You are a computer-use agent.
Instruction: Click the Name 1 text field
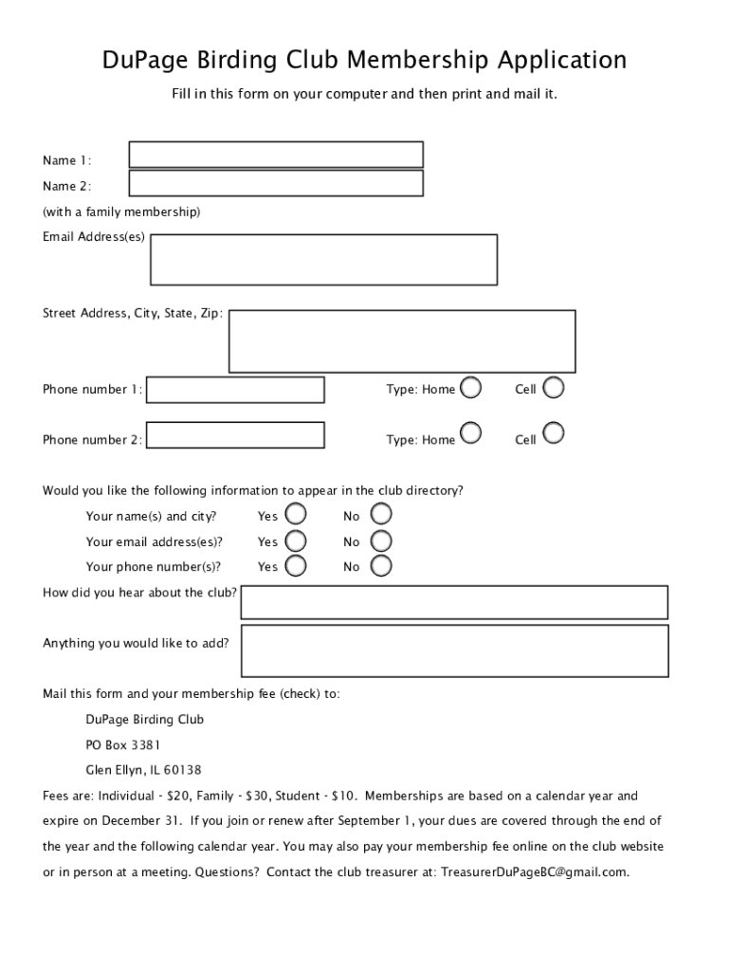pos(276,155)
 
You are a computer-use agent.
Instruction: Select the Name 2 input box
pos(276,183)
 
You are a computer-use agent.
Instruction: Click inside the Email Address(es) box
pos(323,259)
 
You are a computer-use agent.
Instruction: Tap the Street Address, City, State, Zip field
pos(402,341)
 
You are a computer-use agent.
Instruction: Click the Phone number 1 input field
pos(235,390)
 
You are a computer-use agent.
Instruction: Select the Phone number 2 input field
pos(235,435)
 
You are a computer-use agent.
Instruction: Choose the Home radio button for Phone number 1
pos(470,388)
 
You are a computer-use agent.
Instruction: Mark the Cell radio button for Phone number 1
pos(553,387)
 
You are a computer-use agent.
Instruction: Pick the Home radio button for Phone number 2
pos(470,433)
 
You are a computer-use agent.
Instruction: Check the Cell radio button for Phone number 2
pos(553,433)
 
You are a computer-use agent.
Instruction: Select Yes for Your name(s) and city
pos(296,515)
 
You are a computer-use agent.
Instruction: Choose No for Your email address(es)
pos(380,540)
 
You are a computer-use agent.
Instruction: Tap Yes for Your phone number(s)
pos(296,565)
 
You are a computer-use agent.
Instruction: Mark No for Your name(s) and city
pos(380,515)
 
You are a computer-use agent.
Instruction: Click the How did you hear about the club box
pos(454,602)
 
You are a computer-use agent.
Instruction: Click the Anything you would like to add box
pos(454,650)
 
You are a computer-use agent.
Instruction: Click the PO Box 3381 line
pos(123,744)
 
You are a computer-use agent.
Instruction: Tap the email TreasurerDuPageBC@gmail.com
pos(534,871)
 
